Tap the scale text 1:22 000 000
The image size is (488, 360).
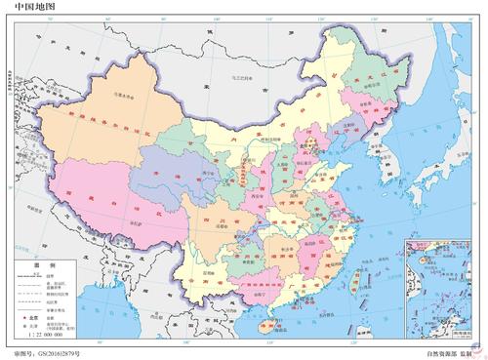click(x=38, y=335)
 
